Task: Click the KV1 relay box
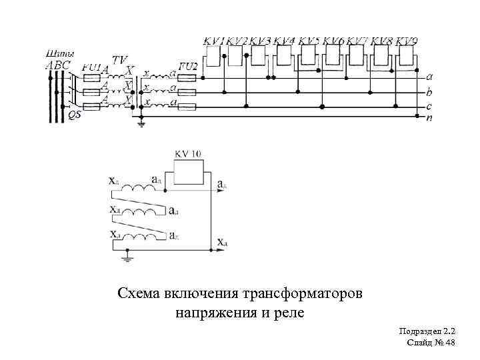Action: pyautogui.click(x=213, y=57)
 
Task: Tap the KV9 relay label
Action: pyautogui.click(x=407, y=41)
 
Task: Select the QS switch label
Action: pyautogui.click(x=75, y=114)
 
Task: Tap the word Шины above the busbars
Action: pyautogui.click(x=60, y=53)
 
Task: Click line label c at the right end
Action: pyautogui.click(x=429, y=106)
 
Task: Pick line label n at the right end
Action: pyautogui.click(x=429, y=117)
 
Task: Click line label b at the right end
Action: pyautogui.click(x=429, y=92)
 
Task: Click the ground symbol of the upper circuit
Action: pyautogui.click(x=141, y=123)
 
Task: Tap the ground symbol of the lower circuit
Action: pyautogui.click(x=129, y=255)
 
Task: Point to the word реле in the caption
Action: pyautogui.click(x=288, y=312)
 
